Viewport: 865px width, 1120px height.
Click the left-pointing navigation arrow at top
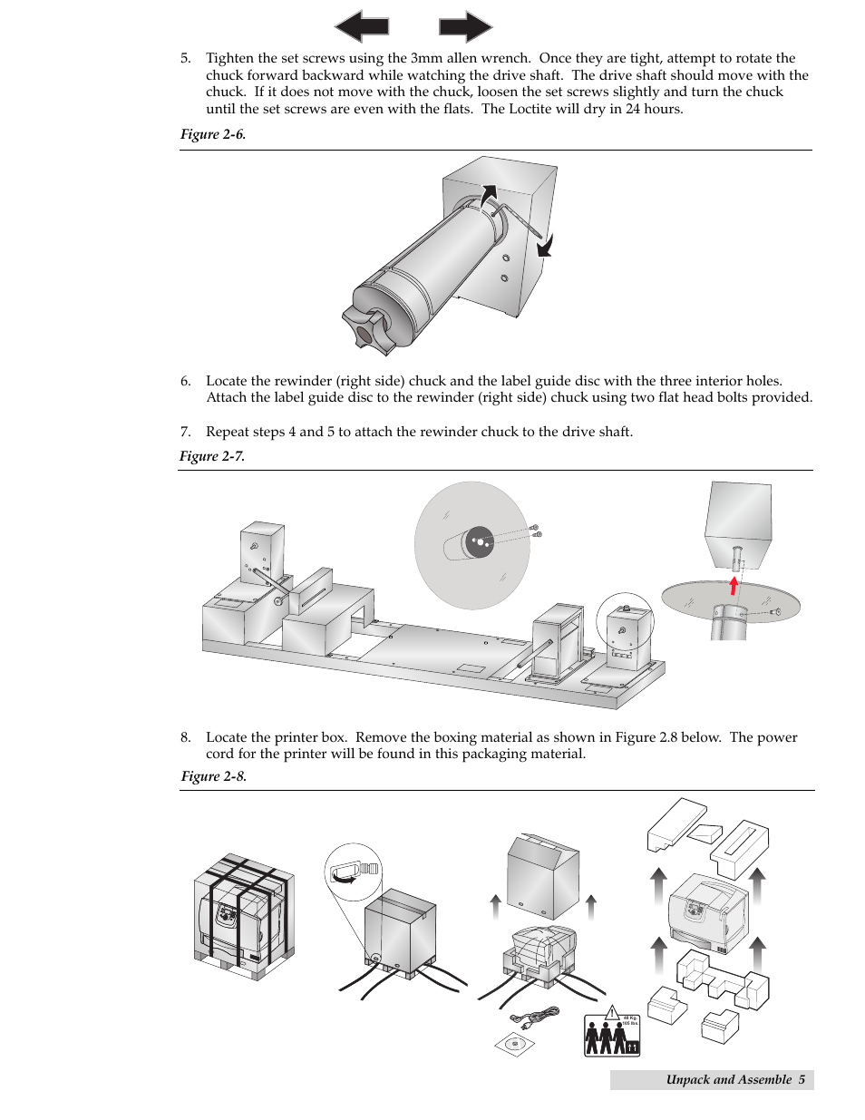[362, 26]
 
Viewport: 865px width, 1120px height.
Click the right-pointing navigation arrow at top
[465, 26]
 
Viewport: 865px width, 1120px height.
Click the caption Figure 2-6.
[213, 134]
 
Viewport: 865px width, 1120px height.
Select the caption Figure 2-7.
[212, 456]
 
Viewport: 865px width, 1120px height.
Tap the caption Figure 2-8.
[213, 776]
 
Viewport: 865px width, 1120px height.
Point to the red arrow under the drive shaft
[734, 585]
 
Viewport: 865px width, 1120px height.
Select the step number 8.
[185, 737]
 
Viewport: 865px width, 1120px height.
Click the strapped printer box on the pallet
[243, 914]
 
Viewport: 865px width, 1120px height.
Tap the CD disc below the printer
[515, 1044]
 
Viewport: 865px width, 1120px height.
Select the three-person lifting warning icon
[611, 1035]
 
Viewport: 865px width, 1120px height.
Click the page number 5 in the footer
[802, 1079]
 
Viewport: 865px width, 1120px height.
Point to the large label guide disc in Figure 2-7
[471, 544]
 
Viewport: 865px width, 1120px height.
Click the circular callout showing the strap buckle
[354, 872]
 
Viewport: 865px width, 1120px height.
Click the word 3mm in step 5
[425, 58]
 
